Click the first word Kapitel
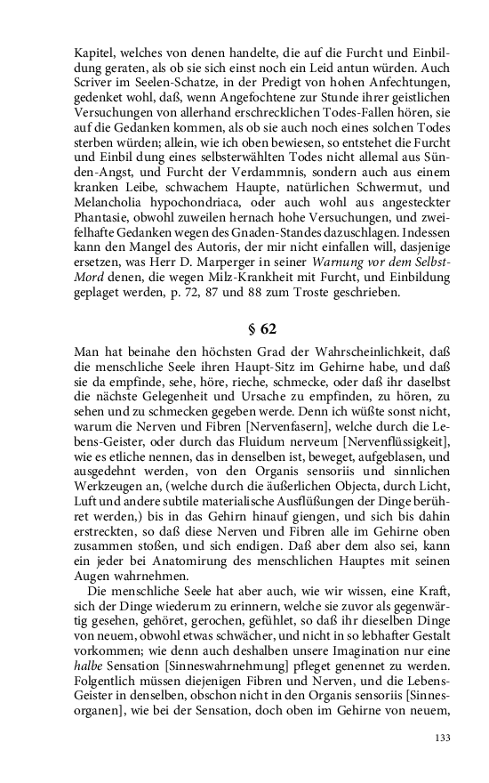(95, 52)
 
